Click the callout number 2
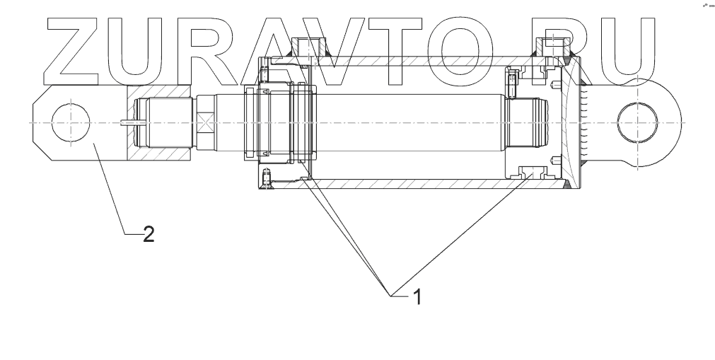click(x=148, y=234)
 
